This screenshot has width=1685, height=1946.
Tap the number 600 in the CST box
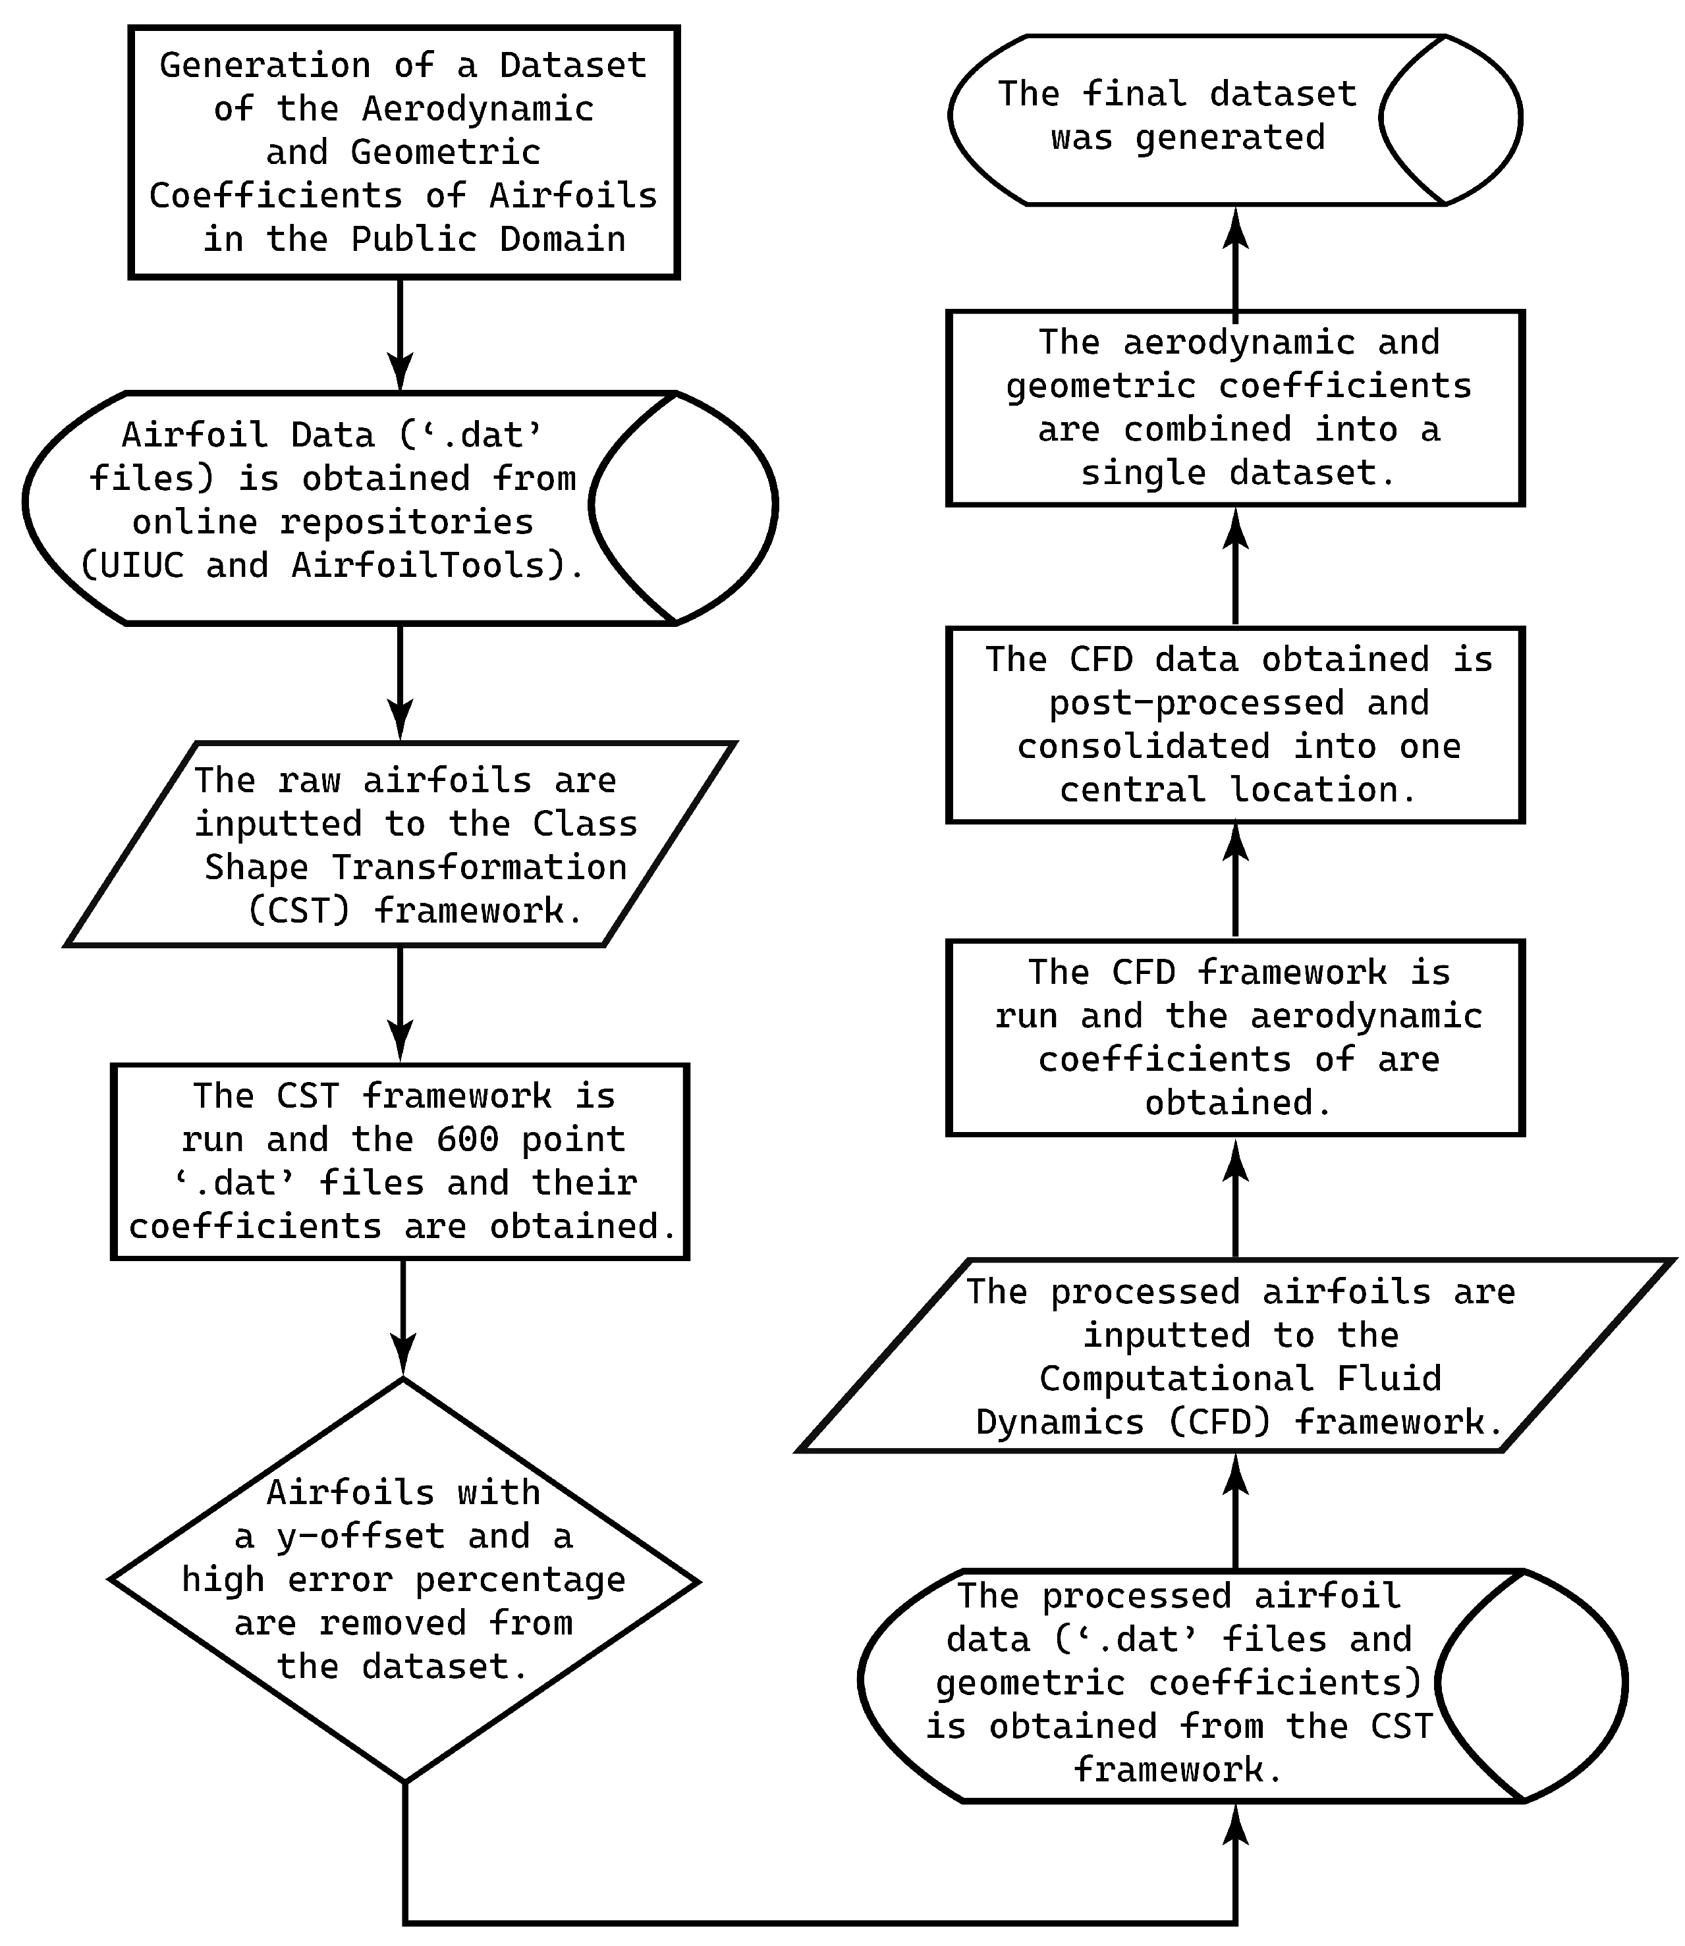(467, 1139)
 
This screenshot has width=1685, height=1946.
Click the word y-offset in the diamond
(360, 1536)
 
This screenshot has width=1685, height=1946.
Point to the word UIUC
(142, 565)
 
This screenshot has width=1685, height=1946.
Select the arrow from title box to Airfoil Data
(401, 329)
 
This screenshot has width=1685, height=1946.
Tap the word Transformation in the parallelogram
(479, 867)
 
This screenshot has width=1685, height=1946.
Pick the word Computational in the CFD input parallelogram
(1175, 1379)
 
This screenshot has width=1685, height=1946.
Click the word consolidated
(1144, 746)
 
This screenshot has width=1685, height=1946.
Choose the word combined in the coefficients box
(1207, 429)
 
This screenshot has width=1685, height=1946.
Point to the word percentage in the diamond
(520, 1579)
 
